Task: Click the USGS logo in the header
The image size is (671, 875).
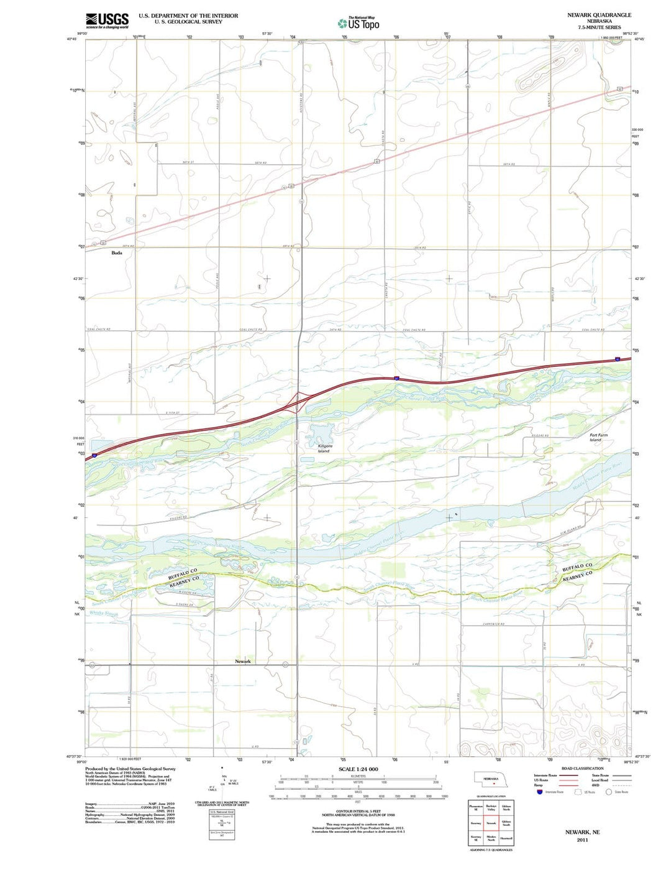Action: coord(107,21)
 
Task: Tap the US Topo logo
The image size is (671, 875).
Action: coord(358,24)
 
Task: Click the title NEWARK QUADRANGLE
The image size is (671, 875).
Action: coord(599,15)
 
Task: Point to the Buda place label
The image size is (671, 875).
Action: coord(117,253)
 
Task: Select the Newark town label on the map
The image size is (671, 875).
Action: coord(243,661)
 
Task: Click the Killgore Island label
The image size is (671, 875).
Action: coord(324,448)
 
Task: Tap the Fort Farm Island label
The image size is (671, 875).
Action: coord(599,437)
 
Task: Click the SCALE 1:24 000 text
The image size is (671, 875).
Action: coord(358,769)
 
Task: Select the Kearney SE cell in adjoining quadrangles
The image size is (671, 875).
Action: coord(476,839)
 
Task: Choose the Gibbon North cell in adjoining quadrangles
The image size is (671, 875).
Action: coord(506,808)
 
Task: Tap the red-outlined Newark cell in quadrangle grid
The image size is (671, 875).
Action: coord(491,823)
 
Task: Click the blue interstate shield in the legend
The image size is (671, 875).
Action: coord(538,792)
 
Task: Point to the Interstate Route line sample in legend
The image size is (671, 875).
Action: coord(564,775)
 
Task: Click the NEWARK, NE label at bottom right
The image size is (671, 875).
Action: coord(582,831)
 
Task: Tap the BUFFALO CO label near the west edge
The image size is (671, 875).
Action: coord(183,574)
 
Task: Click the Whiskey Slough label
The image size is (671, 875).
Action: coord(103,614)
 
